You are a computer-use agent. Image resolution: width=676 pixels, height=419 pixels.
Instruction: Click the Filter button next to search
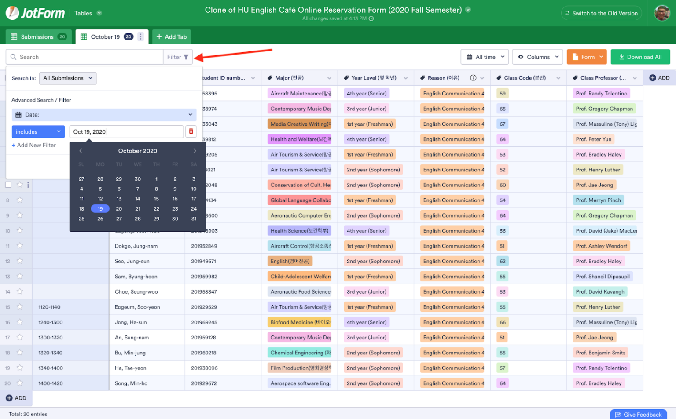(x=178, y=57)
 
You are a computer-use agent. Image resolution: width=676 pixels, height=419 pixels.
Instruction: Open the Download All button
(x=640, y=57)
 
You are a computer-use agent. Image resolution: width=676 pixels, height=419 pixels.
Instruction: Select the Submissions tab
(x=38, y=37)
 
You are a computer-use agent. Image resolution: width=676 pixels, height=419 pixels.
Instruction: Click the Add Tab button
(x=171, y=37)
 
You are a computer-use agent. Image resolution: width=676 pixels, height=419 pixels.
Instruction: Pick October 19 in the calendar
(x=100, y=209)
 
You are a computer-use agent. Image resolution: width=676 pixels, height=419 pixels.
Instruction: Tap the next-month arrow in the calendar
(x=195, y=151)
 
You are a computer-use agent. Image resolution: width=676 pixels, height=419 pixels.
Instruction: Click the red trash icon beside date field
(x=191, y=131)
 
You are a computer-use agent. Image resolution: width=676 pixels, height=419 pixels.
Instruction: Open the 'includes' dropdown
(x=38, y=132)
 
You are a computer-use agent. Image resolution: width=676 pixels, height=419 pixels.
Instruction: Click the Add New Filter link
(x=34, y=145)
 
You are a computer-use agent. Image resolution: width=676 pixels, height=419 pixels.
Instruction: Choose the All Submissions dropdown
(x=68, y=78)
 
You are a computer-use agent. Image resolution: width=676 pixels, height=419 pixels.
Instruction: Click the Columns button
(x=538, y=57)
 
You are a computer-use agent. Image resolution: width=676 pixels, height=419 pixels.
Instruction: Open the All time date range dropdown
(x=485, y=57)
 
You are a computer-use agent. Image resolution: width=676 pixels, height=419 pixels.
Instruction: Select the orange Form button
(x=587, y=57)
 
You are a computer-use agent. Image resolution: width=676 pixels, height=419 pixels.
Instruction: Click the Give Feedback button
(x=638, y=414)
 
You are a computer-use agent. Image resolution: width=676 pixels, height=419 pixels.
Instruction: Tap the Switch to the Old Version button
(x=601, y=13)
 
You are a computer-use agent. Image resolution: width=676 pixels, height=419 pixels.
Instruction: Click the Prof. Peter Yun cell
(x=593, y=139)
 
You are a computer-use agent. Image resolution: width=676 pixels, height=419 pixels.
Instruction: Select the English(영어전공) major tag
(x=290, y=261)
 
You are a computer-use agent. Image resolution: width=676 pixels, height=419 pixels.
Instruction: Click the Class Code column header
(x=525, y=78)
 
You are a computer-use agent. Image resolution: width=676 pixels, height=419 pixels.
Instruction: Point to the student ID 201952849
(x=204, y=246)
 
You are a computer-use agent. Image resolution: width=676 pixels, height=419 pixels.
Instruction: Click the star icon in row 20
(x=20, y=383)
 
